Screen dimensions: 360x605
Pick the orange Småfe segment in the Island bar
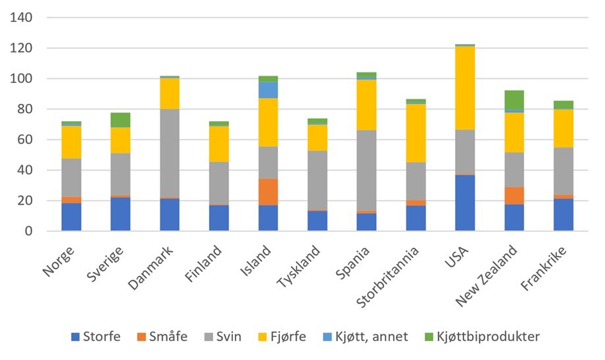(268, 192)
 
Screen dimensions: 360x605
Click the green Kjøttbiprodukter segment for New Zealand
(514, 99)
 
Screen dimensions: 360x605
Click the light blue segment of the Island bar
(268, 90)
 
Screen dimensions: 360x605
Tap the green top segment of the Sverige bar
(120, 120)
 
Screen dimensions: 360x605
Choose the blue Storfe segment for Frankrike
(564, 214)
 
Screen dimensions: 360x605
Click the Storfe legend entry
(96, 337)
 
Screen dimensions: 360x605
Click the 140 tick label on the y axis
(22, 18)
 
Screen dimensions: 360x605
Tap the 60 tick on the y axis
(25, 140)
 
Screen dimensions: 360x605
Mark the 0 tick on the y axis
(28, 231)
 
